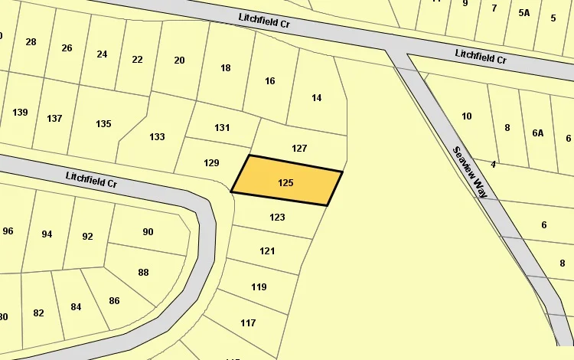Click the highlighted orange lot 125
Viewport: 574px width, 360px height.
pyautogui.click(x=286, y=182)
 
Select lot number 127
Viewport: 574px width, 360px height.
pyautogui.click(x=299, y=148)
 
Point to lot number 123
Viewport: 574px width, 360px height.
pyautogui.click(x=277, y=217)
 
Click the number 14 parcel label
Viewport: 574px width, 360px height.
pyautogui.click(x=317, y=97)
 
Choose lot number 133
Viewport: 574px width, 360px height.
pyautogui.click(x=157, y=136)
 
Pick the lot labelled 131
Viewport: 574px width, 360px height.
pyautogui.click(x=222, y=127)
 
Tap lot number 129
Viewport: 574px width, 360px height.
pyautogui.click(x=212, y=162)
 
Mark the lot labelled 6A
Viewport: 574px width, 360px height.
pyautogui.click(x=538, y=133)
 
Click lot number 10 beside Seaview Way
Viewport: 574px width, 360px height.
pyautogui.click(x=467, y=116)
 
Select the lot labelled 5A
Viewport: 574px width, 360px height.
pyautogui.click(x=524, y=12)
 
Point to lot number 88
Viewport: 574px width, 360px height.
pyautogui.click(x=143, y=272)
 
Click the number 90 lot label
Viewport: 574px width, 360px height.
pyautogui.click(x=148, y=231)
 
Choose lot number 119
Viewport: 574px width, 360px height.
pyautogui.click(x=259, y=286)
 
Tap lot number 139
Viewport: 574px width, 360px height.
pyautogui.click(x=20, y=113)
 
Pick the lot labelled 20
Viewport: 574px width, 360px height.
pyautogui.click(x=179, y=61)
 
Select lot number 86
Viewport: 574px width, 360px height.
pyautogui.click(x=114, y=300)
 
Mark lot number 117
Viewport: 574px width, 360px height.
pyautogui.click(x=248, y=322)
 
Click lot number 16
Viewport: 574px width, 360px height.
pyautogui.click(x=269, y=80)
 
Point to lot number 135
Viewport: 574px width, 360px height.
pyautogui.click(x=103, y=123)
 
